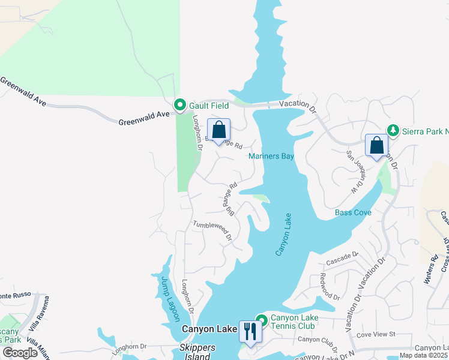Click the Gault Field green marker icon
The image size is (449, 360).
click(179, 106)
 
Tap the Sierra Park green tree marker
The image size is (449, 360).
click(393, 130)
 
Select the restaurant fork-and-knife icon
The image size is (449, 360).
click(250, 331)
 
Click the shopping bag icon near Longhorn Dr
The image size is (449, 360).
click(218, 130)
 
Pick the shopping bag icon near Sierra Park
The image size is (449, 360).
click(376, 145)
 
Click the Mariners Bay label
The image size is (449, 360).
click(271, 157)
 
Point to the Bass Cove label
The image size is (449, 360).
click(353, 212)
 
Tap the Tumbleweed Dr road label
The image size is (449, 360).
click(212, 231)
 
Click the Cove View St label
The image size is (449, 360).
click(376, 334)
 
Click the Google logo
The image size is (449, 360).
click(20, 353)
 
